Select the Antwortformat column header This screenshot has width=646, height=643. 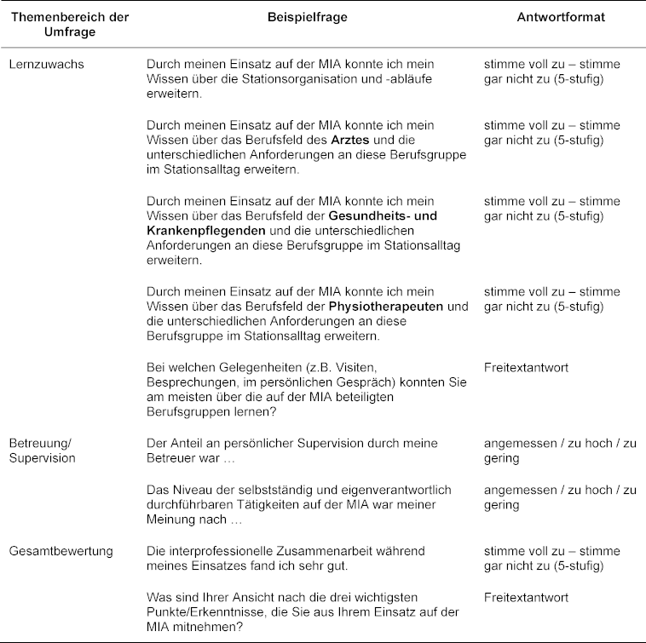point(561,17)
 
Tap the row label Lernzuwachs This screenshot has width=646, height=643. point(47,65)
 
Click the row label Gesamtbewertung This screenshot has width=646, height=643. point(61,552)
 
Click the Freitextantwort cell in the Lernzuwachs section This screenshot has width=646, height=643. point(526,368)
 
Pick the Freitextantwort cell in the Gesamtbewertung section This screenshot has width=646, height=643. point(526,598)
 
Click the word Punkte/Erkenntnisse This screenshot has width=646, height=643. point(206,613)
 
